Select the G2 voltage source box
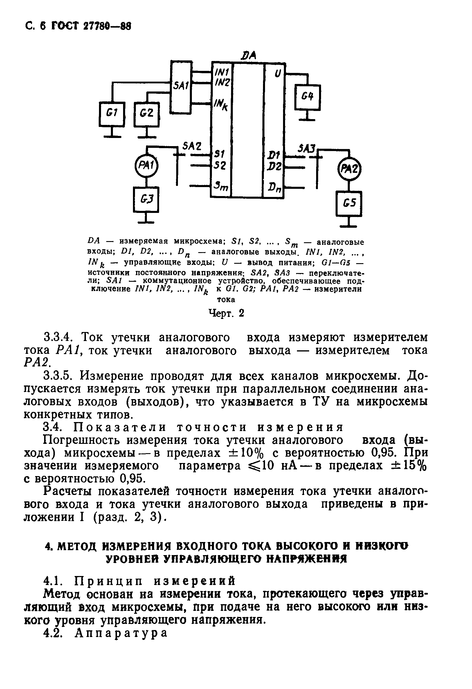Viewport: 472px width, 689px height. pyautogui.click(x=147, y=114)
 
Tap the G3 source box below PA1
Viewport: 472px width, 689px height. pyautogui.click(x=146, y=200)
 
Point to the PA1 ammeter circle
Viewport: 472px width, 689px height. pyautogui.click(x=146, y=166)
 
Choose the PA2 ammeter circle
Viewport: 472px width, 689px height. pyautogui.click(x=350, y=170)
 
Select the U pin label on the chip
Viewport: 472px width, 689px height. pyautogui.click(x=277, y=73)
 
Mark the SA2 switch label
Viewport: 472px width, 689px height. pyautogui.click(x=192, y=146)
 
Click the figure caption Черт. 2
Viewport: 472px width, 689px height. pyautogui.click(x=226, y=313)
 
